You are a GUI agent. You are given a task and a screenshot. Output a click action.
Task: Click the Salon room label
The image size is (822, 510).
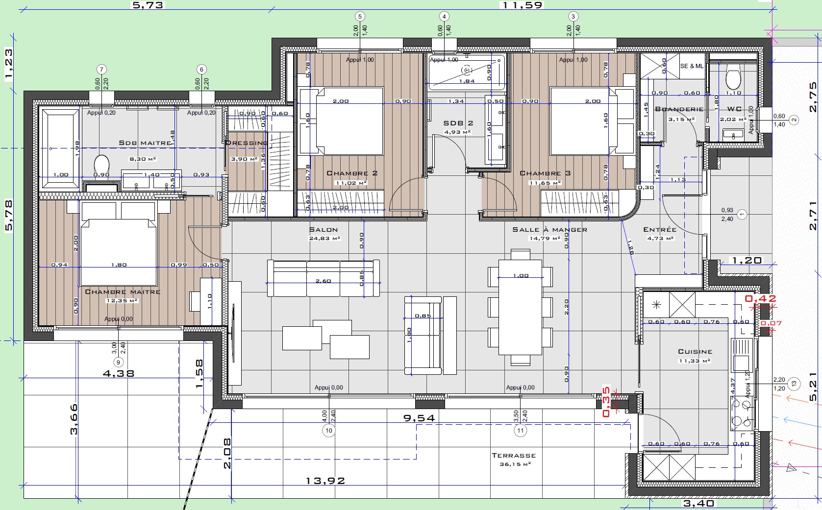(324, 230)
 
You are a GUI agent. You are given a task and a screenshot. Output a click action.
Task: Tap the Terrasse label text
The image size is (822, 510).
(514, 456)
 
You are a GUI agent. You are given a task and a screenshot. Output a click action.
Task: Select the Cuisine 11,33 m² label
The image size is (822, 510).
(695, 356)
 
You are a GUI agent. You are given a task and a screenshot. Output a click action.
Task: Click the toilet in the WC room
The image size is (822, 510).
(733, 78)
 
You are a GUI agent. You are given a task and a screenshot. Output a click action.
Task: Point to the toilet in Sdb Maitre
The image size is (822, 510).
(101, 164)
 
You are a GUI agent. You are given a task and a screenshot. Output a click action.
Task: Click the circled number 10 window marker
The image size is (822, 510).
(328, 431)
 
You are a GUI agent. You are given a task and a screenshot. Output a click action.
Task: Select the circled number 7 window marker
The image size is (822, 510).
(101, 70)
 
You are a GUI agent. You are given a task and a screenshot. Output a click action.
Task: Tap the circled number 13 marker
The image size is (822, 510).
(795, 384)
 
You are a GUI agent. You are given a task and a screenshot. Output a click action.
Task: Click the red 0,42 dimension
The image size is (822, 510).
(760, 298)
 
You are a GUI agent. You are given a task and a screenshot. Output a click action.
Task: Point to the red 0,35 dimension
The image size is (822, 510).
(606, 402)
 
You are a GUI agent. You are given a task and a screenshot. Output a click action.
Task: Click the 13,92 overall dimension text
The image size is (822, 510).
(325, 481)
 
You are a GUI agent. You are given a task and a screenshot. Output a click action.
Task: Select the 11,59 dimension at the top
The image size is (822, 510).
(522, 5)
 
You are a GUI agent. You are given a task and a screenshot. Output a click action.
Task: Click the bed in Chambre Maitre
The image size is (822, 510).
(119, 252)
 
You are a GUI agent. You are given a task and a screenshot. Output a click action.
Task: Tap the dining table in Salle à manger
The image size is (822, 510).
(520, 306)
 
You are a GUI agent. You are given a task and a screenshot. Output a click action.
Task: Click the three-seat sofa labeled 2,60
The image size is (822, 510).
(324, 278)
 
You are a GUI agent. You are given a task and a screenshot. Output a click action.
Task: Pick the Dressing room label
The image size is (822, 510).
(247, 143)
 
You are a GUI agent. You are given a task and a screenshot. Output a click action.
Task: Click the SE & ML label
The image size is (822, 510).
(691, 66)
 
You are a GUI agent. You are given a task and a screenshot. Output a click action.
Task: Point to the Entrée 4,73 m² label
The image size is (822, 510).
(660, 233)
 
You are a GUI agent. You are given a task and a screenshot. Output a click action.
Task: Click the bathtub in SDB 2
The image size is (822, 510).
(466, 72)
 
